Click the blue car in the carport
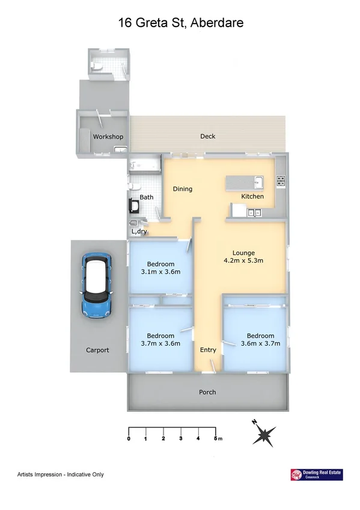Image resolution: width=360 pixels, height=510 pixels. [96, 284]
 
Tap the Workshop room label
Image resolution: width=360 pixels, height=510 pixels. [108, 137]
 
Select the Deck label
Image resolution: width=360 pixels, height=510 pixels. [208, 137]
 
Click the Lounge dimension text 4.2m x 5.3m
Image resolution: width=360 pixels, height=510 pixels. [244, 260]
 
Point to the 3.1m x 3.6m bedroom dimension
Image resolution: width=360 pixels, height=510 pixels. [160, 272]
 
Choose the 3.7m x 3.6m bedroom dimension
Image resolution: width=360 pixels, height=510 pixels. [160, 343]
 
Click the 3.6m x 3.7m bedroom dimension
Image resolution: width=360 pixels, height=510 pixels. [260, 343]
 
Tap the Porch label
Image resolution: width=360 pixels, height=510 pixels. [207, 392]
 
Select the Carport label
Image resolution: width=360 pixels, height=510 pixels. [97, 350]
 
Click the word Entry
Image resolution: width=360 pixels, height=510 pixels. [208, 350]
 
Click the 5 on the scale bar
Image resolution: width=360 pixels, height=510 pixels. [215, 438]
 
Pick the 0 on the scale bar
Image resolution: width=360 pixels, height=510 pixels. [129, 438]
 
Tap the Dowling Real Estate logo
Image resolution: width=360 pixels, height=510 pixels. [316, 475]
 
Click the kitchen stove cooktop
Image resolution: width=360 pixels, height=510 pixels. [280, 179]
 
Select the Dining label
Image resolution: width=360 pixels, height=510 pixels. [183, 189]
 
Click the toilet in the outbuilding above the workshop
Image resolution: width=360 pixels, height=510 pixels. [97, 66]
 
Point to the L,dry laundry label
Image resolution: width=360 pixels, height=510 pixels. [139, 232]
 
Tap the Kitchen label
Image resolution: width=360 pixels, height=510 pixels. [252, 197]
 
